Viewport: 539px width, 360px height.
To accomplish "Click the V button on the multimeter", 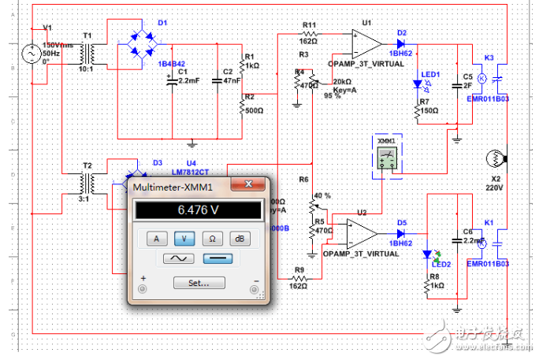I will [x=184, y=237].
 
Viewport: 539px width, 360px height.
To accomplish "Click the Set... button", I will [x=199, y=283].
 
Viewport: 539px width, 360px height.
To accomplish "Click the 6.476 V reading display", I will [x=198, y=210].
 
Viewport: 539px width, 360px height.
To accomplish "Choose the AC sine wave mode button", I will [x=179, y=258].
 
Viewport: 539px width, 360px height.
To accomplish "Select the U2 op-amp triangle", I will [x=360, y=232].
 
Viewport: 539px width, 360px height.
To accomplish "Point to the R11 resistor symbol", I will [x=310, y=35].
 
